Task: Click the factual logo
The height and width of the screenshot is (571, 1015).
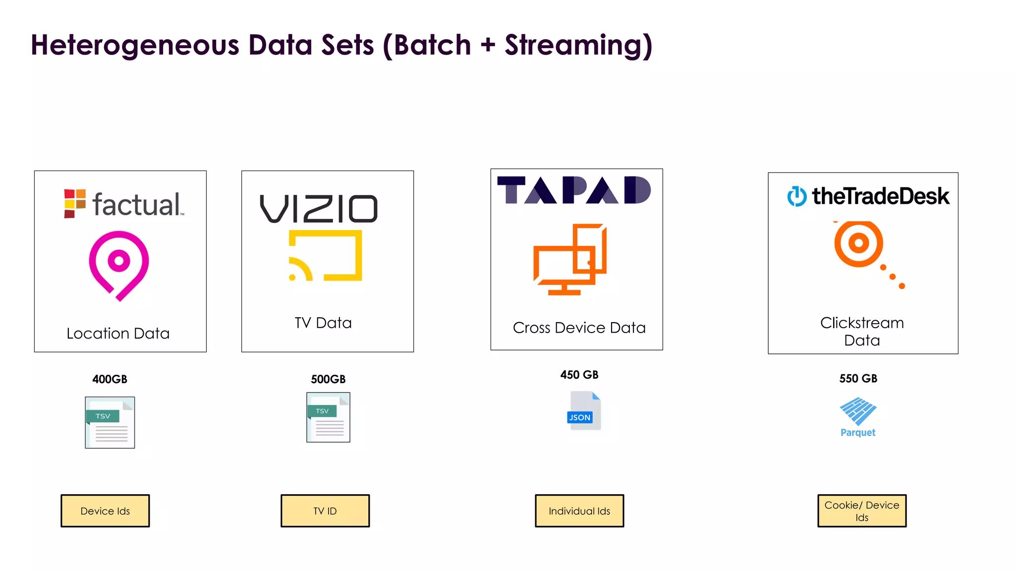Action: point(124,204)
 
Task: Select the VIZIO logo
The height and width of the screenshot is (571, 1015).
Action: point(319,209)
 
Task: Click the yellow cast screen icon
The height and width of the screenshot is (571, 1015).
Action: point(326,256)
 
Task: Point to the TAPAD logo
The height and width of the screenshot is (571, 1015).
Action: point(574,190)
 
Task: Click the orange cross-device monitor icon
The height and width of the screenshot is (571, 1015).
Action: point(570,259)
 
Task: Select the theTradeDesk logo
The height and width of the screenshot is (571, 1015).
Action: point(868,196)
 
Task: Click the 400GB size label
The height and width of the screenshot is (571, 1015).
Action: point(110,379)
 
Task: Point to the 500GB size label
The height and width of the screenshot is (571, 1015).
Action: point(328,379)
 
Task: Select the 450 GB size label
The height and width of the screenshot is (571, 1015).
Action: point(579,375)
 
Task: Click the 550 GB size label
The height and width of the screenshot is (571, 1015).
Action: point(858,379)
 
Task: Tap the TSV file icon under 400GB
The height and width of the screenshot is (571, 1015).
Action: point(110,422)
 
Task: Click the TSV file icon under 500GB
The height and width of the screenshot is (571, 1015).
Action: point(328,417)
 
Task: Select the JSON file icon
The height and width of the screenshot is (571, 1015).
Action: point(584,411)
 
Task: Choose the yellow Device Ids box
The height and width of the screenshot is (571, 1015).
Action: point(105,511)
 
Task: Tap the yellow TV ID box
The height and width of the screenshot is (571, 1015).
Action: point(325,511)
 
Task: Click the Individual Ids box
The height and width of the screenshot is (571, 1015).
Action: point(579,511)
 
